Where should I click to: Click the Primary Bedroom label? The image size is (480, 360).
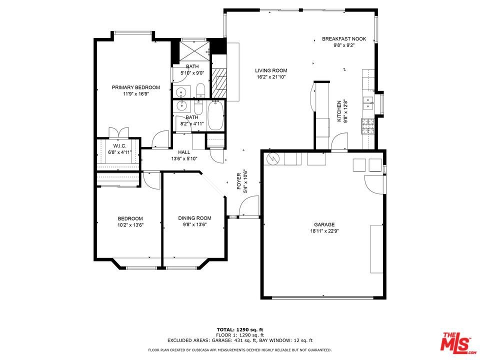tap(135, 87)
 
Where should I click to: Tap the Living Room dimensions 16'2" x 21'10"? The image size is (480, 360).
tap(271, 77)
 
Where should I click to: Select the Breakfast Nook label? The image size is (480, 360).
tap(344, 39)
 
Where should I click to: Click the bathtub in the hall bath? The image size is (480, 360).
tap(216, 116)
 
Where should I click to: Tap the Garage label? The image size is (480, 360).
tap(324, 224)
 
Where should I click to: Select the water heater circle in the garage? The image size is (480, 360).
tap(272, 158)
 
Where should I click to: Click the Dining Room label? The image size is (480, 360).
tap(194, 218)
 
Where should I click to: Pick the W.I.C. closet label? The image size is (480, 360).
tap(119, 145)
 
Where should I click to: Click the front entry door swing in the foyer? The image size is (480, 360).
tap(248, 206)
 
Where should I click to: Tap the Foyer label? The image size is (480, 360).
tap(239, 181)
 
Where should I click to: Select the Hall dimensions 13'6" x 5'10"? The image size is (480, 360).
tap(184, 158)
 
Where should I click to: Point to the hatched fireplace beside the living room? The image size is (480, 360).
tap(219, 82)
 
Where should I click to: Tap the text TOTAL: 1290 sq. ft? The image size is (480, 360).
tap(240, 329)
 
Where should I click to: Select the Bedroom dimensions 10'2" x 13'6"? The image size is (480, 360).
tap(130, 224)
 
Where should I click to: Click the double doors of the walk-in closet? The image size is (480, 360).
tap(119, 132)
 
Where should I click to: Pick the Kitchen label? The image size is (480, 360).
tap(339, 111)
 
